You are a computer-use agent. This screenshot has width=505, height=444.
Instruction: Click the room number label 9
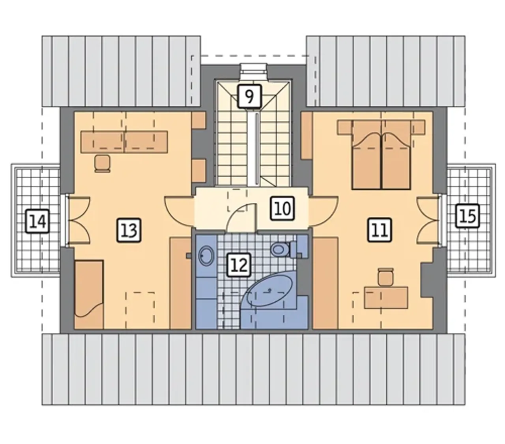[249, 97]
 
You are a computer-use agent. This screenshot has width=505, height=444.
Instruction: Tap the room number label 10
[282, 208]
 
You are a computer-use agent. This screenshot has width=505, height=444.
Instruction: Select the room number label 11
[380, 230]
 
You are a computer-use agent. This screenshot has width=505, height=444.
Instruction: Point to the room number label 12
[239, 265]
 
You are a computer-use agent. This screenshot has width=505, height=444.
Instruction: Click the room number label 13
[129, 230]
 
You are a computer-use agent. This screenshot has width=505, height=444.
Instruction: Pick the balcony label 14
[37, 221]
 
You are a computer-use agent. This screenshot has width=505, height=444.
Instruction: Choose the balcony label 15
[467, 216]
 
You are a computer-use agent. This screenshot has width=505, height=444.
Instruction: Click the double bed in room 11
[381, 155]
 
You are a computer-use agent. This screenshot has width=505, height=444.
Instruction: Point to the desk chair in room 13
[102, 163]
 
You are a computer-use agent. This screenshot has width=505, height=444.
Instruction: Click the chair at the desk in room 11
[385, 276]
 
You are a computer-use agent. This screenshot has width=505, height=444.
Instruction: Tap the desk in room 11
[386, 297]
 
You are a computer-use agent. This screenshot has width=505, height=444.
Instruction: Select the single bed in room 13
[89, 294]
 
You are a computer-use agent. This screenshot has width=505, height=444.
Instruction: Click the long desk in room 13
[123, 142]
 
